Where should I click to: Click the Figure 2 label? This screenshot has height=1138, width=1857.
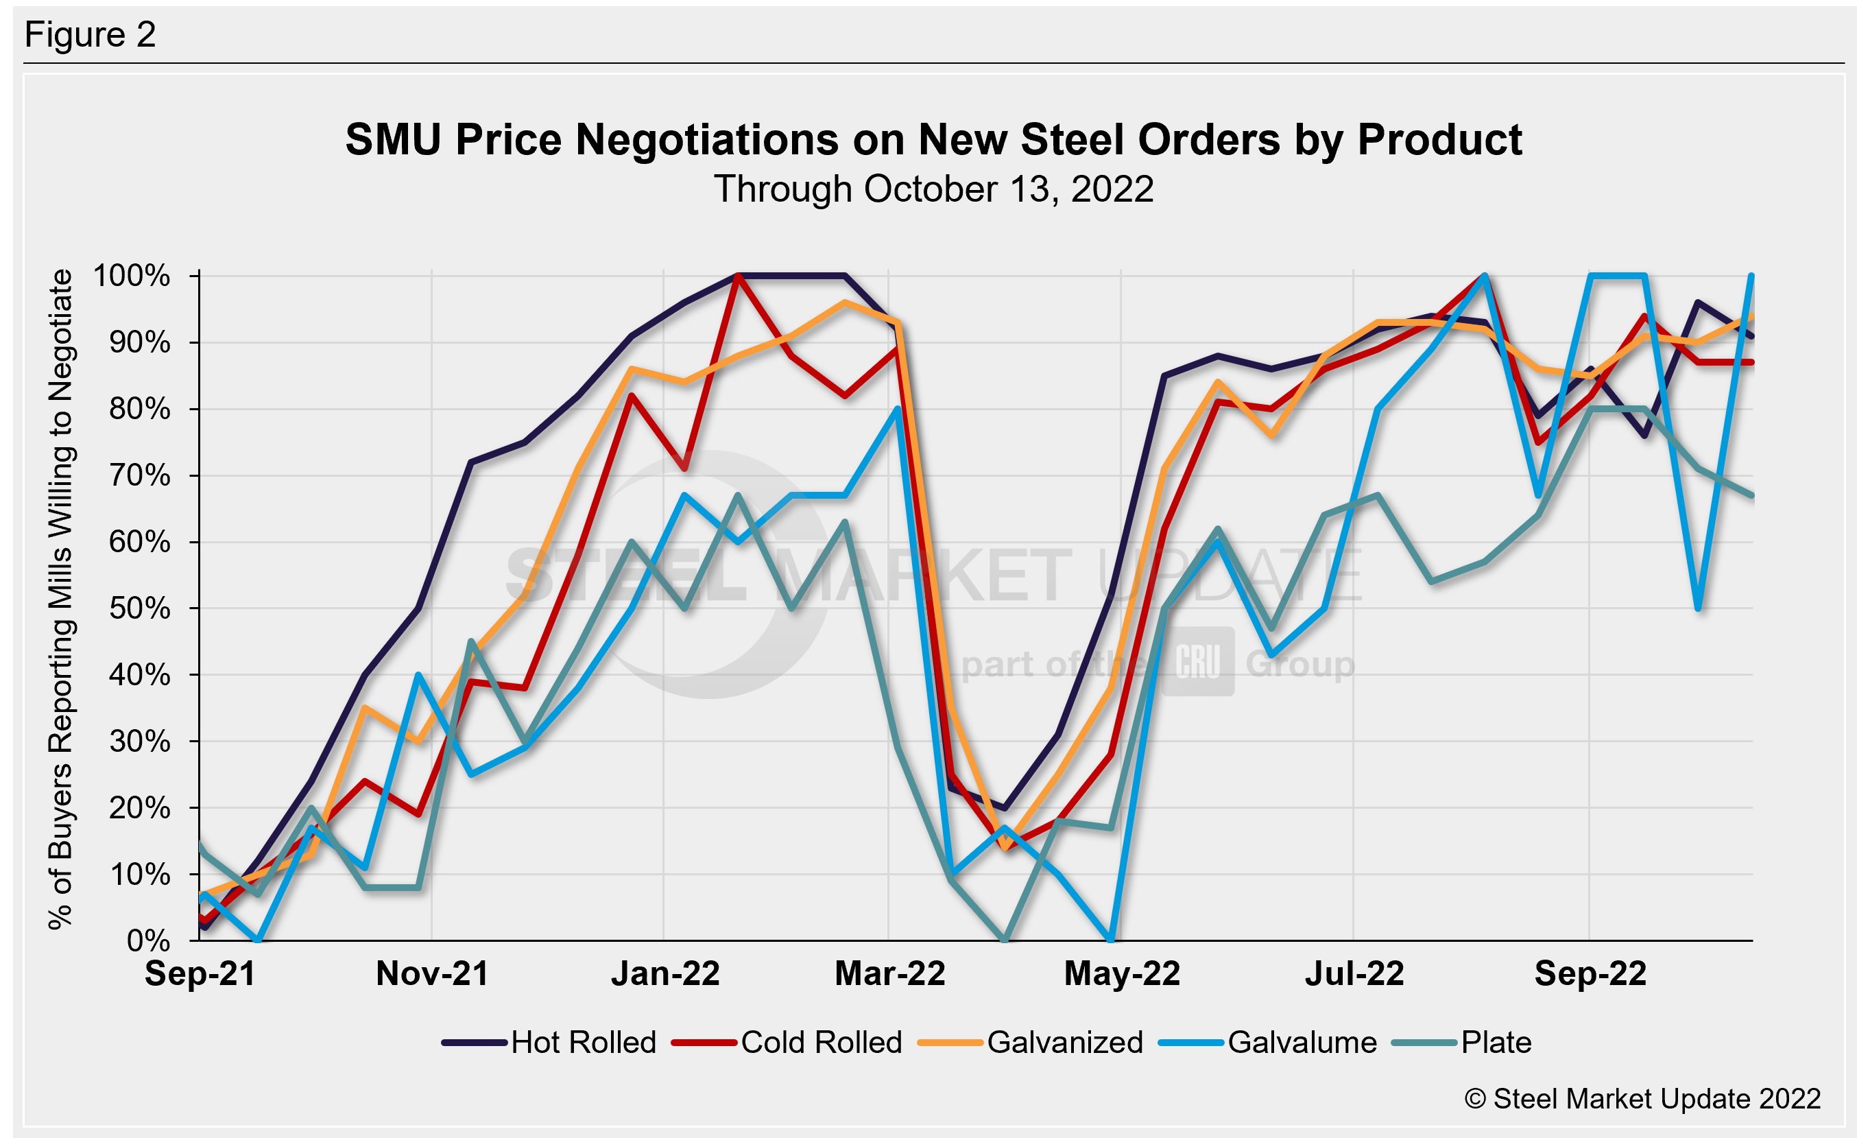90,35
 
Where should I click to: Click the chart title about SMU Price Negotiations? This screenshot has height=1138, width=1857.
933,140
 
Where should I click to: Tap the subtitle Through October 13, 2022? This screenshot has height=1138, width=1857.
933,189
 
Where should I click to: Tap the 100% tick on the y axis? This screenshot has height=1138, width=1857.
132,276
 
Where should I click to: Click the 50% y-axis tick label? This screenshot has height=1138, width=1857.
139,608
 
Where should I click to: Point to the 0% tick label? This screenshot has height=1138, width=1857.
149,940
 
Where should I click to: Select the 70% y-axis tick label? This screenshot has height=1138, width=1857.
139,475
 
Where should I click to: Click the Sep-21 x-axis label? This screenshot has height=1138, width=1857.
200,973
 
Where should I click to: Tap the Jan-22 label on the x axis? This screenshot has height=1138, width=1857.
664,973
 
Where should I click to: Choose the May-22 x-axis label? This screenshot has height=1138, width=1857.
1121,973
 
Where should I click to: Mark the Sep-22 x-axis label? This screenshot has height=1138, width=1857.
1590,973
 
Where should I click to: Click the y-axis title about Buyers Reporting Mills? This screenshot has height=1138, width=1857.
60,599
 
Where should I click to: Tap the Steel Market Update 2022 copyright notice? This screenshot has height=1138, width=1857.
1642,1099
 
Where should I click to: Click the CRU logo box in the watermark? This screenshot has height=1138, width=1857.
1197,662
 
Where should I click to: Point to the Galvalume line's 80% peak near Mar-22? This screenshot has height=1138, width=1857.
897,410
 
